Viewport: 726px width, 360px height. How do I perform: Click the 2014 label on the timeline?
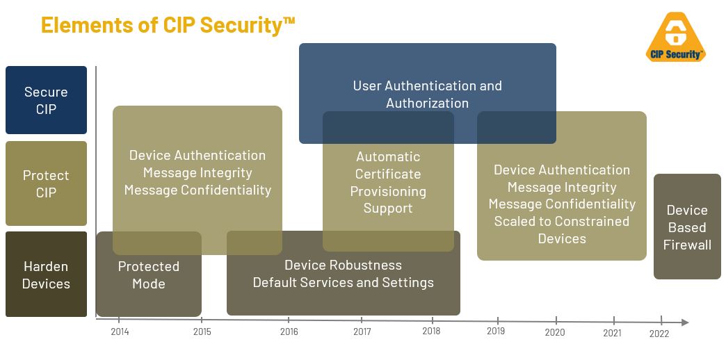click(x=120, y=332)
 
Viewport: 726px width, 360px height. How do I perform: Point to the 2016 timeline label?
click(x=289, y=332)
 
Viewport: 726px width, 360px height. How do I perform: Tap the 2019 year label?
click(x=496, y=331)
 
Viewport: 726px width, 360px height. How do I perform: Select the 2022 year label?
click(x=659, y=334)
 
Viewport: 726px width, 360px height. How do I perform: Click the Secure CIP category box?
click(x=47, y=100)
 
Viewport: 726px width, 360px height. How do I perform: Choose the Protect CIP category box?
click(x=47, y=183)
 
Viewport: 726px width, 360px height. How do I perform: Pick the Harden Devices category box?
click(x=47, y=275)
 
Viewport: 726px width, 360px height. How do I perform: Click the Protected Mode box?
click(x=149, y=275)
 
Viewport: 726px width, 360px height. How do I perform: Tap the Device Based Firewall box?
click(x=687, y=227)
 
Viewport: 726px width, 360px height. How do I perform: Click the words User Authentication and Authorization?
click(x=428, y=94)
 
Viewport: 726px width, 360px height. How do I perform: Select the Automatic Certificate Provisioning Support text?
click(x=388, y=182)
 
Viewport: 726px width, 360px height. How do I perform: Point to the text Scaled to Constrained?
click(x=562, y=221)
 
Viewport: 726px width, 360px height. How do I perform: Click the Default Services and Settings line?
click(x=343, y=282)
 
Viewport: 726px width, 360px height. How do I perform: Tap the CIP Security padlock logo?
click(x=675, y=37)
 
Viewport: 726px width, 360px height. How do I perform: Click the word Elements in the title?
click(x=86, y=25)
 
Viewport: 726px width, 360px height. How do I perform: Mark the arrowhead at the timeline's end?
click(x=685, y=322)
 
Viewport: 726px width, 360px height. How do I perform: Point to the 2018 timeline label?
click(x=432, y=331)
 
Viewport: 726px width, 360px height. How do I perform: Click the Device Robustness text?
click(x=343, y=265)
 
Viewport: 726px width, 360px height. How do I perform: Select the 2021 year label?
click(x=612, y=333)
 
